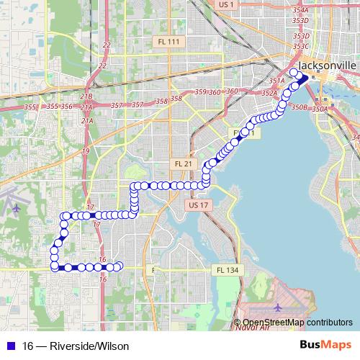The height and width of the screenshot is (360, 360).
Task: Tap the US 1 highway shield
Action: [226, 4]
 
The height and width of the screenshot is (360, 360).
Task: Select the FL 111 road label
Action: [170, 42]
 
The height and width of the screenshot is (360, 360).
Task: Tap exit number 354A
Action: [301, 11]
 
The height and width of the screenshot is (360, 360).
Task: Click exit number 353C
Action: [301, 46]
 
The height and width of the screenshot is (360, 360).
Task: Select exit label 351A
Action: [276, 81]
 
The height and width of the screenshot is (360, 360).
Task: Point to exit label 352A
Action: [269, 93]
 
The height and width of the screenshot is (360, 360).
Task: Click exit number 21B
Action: [86, 96]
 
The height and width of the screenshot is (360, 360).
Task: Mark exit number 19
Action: [86, 150]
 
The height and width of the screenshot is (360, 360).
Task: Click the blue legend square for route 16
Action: [9, 346]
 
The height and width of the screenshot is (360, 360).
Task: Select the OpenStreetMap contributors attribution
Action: [297, 323]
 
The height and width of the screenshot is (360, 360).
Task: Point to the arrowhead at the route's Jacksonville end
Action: [303, 78]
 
